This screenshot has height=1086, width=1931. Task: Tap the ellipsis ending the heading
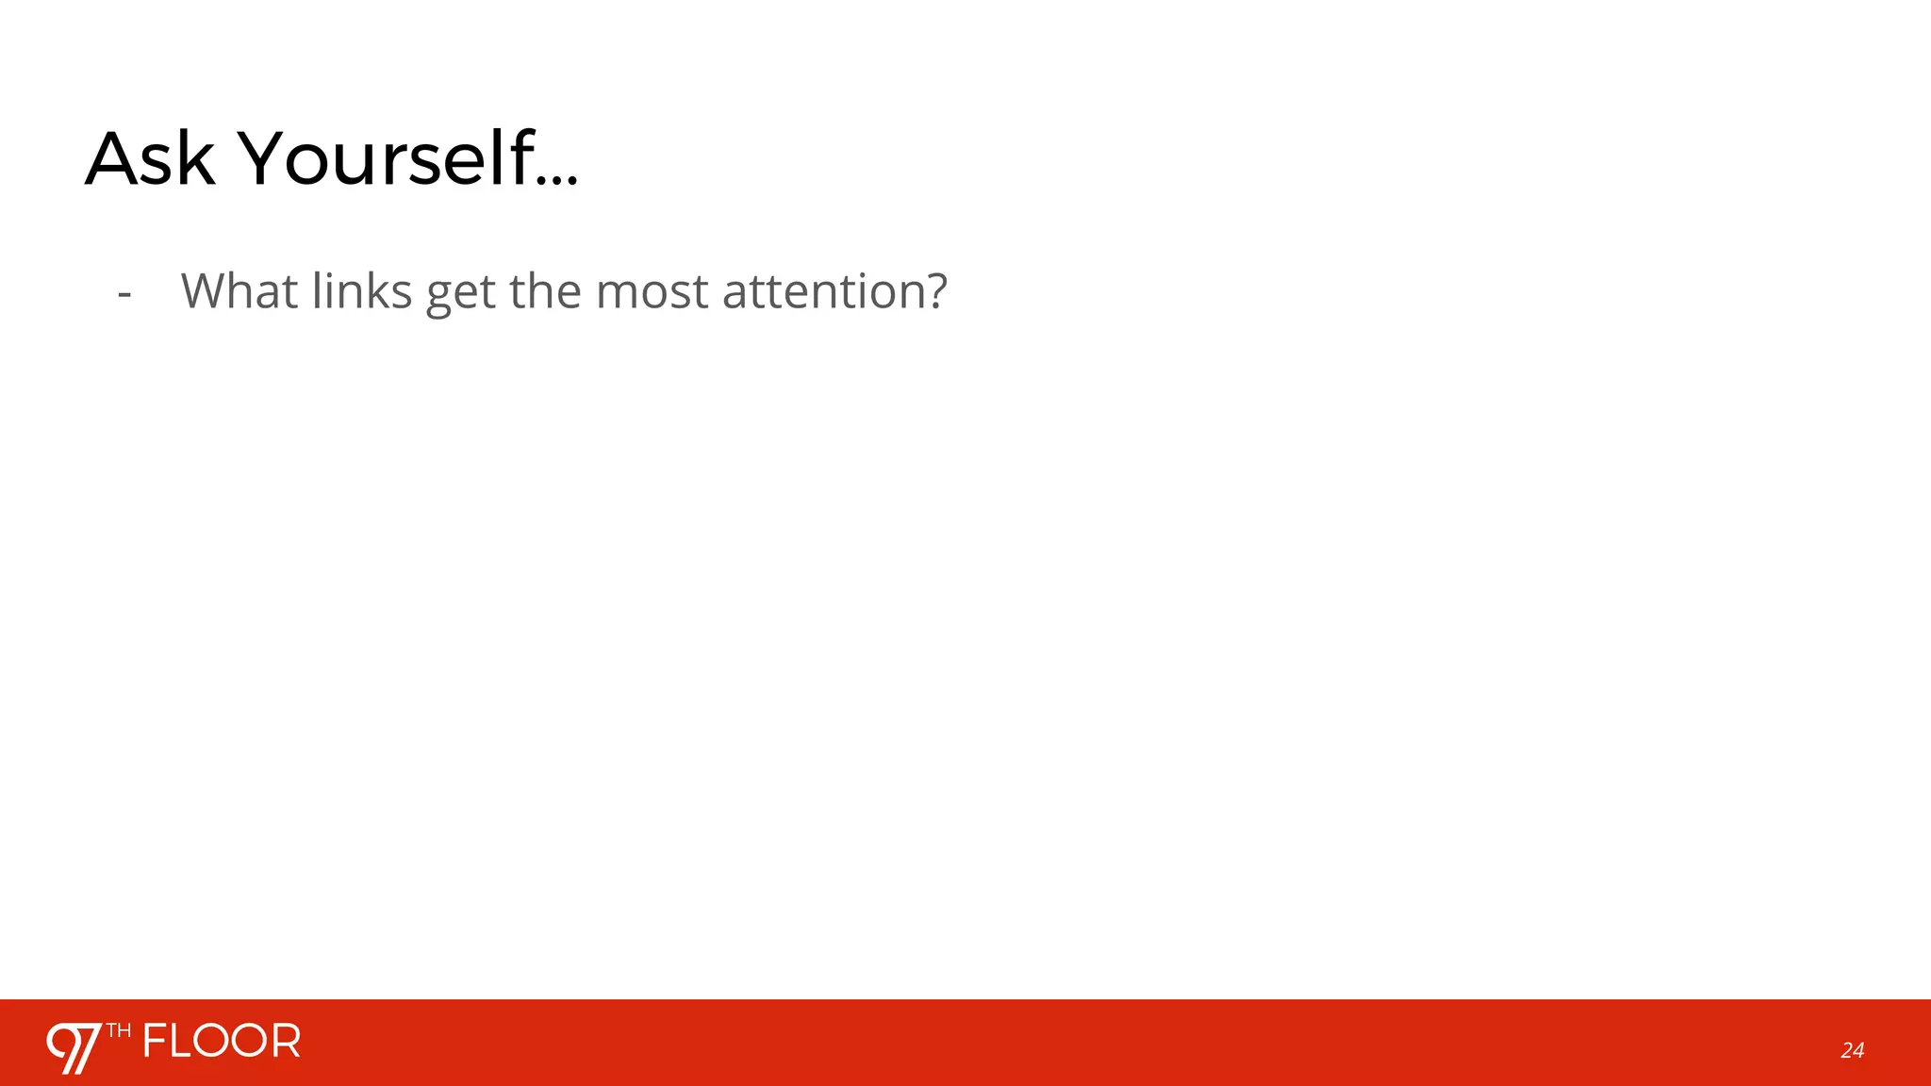pos(559,180)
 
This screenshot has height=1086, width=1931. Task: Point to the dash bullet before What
pos(124,294)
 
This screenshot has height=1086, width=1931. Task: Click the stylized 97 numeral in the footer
pos(74,1047)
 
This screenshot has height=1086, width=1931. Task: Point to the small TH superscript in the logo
pos(119,1030)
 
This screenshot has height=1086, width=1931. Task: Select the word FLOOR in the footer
pos(223,1041)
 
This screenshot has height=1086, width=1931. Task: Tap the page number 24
pos(1852,1050)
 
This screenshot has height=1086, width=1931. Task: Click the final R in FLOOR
pos(286,1041)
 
